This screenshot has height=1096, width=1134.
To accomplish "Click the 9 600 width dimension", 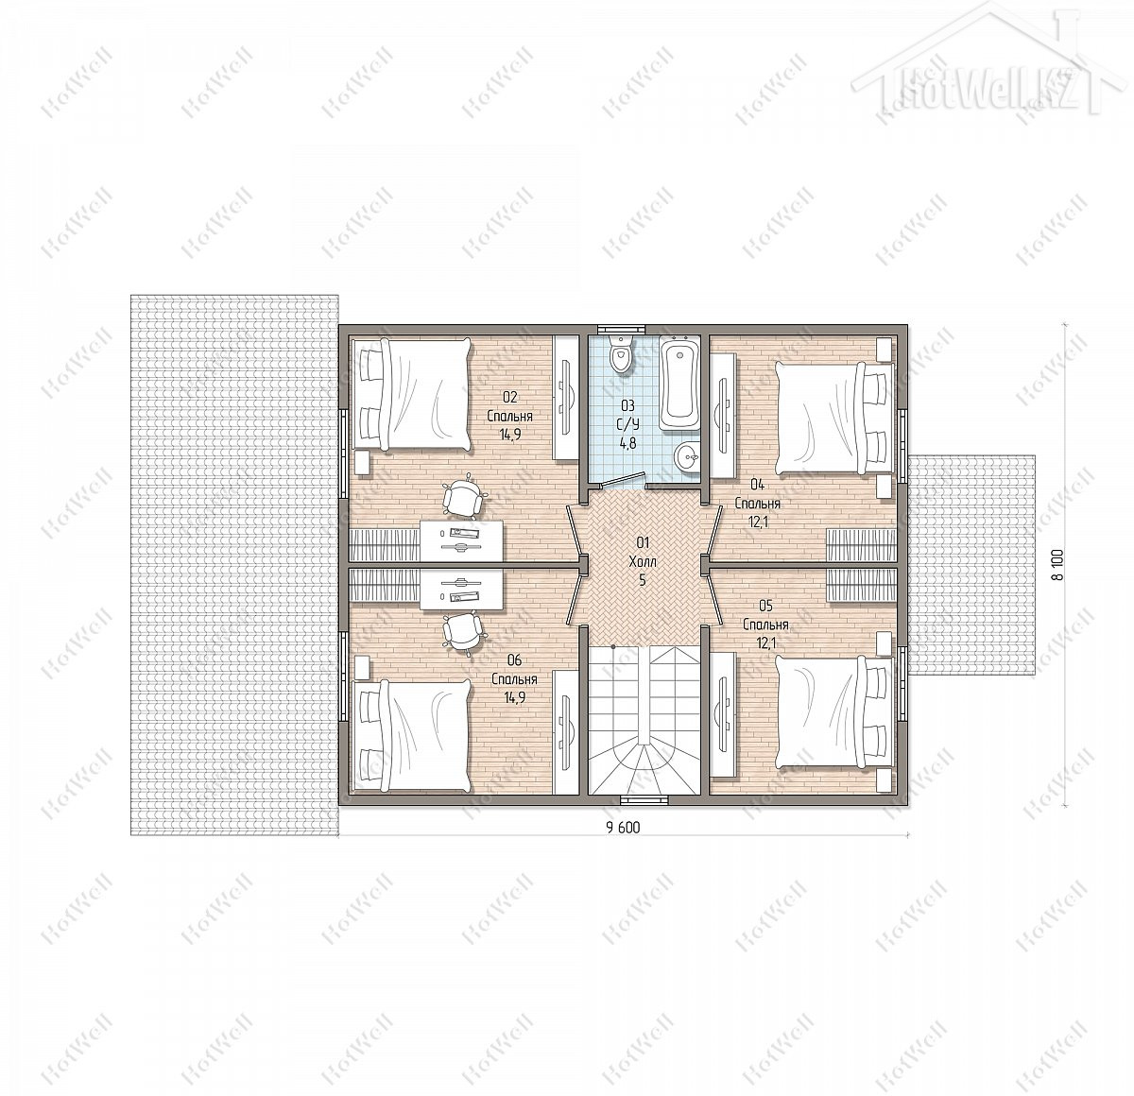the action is (x=623, y=828).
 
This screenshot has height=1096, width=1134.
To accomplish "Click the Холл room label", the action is (x=643, y=561).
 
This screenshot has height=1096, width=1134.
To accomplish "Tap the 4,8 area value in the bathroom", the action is (x=627, y=443).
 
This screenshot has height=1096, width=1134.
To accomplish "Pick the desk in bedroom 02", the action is (x=462, y=541).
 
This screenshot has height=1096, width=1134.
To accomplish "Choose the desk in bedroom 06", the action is (x=462, y=591).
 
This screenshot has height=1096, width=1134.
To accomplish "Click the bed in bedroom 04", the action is (x=834, y=418).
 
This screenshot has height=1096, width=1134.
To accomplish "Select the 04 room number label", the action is (x=758, y=484).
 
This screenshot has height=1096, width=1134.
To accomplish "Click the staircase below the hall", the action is (x=644, y=720).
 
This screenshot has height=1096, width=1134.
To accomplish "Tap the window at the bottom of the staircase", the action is (x=644, y=798).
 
